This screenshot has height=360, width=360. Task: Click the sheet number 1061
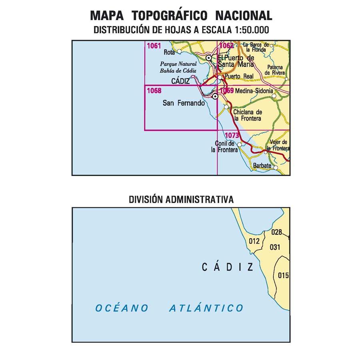coord(154,46)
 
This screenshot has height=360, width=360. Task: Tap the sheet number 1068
coord(154,91)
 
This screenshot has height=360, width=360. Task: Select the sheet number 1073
coord(232,136)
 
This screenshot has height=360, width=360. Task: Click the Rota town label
coord(170,52)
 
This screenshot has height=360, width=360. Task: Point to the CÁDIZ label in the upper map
coord(180,81)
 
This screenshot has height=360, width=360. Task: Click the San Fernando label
coord(184,103)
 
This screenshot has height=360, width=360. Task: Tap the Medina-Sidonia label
coord(254,91)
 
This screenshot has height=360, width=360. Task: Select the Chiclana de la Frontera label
coord(248,116)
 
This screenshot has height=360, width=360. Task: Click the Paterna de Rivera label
coord(276,70)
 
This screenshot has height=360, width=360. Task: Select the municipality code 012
coord(254,241)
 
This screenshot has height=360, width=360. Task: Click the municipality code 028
coord(277,232)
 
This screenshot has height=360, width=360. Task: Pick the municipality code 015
coord(283,275)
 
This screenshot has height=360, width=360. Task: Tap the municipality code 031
coord(275,247)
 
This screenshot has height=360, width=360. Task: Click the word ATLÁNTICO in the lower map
coord(206,308)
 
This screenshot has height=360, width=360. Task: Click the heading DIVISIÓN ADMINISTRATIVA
coord(181,199)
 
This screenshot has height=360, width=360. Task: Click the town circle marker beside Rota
coord(179,52)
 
